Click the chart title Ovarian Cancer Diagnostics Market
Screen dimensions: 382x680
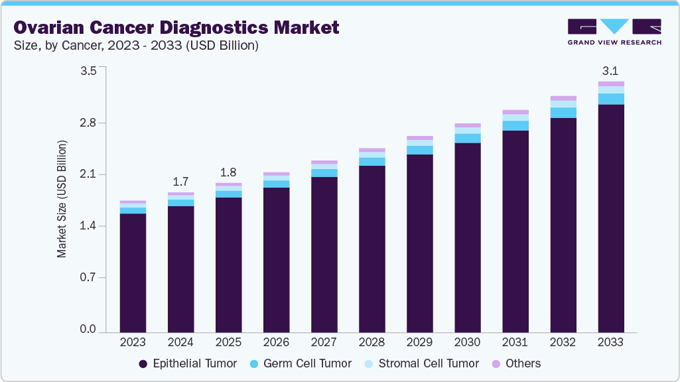(x=176, y=27)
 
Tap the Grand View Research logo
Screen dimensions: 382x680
(x=614, y=31)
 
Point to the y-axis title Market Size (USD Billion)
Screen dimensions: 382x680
(x=62, y=199)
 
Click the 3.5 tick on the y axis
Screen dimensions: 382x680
(x=88, y=70)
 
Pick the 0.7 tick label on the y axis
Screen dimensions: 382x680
(x=88, y=278)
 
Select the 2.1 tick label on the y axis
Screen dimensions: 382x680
(x=88, y=174)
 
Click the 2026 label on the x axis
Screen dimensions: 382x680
(x=276, y=342)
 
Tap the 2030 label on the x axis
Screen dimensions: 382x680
(x=467, y=342)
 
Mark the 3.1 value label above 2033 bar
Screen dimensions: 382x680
(x=610, y=70)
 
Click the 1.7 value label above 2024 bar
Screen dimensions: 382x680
(x=180, y=181)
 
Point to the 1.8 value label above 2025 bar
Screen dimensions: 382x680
(x=228, y=172)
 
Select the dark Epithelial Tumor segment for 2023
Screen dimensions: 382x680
(x=133, y=272)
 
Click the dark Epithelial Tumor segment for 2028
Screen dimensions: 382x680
(x=372, y=249)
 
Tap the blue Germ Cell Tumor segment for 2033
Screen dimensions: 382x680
(x=610, y=99)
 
